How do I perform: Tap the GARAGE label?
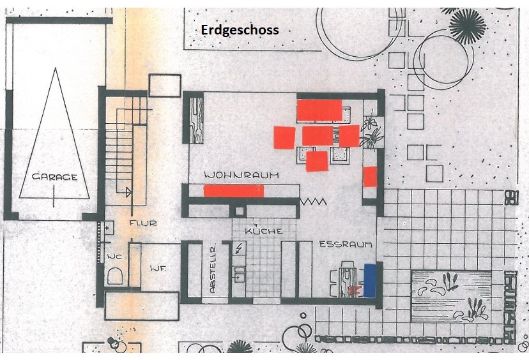pos(55,177)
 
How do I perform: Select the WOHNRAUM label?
pos(241,176)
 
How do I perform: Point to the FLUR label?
pos(143,223)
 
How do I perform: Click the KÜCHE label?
pos(264,231)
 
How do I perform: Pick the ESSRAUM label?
pos(346,244)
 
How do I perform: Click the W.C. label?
pos(115,257)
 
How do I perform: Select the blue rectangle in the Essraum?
pos(370,280)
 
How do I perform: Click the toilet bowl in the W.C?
pos(115,276)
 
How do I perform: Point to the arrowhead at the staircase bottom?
pos(128,192)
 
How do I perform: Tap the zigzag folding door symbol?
pos(313,202)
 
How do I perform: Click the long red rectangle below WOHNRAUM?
pos(233,191)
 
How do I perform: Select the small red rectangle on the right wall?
pos(370,177)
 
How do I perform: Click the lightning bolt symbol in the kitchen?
pos(239,248)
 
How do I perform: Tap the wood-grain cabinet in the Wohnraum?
pos(196,121)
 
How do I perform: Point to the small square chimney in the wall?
pos(239,211)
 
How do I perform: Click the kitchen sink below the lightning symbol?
pos(239,274)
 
